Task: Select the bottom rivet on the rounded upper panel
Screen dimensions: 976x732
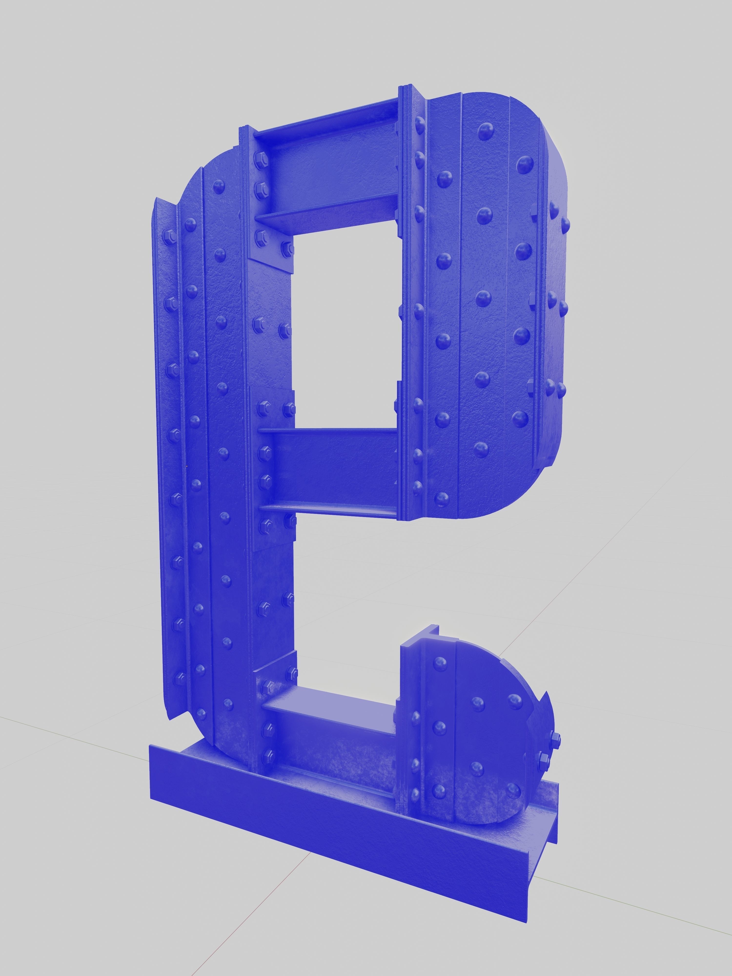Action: click(441, 498)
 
